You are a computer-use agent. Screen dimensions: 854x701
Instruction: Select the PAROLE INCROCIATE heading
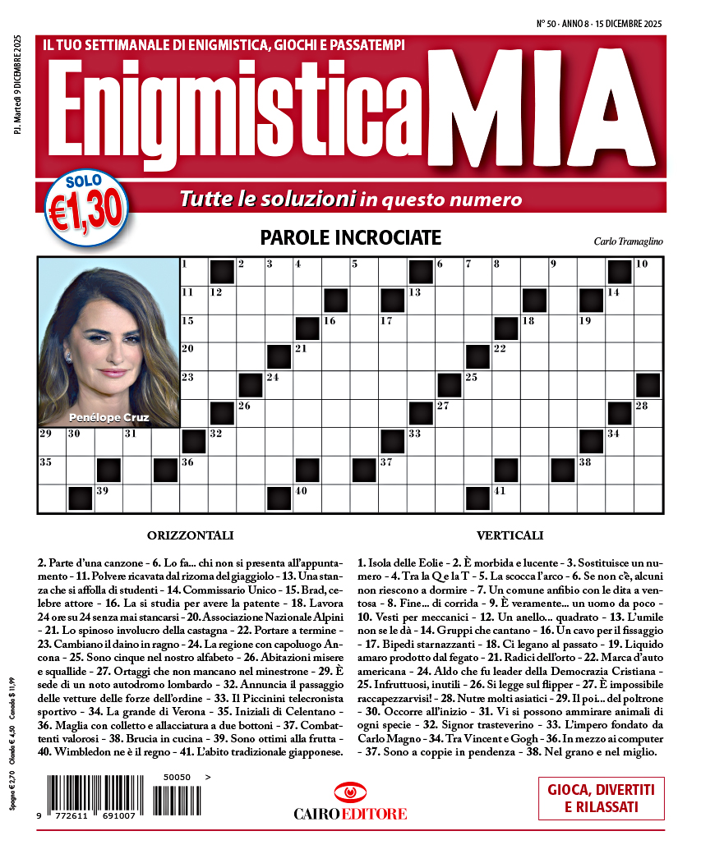pos(350,238)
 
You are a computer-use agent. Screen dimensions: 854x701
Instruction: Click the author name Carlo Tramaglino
pos(627,241)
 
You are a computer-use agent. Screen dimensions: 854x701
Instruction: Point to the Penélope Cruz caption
pos(109,417)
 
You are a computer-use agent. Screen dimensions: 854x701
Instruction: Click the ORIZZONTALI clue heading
pos(191,536)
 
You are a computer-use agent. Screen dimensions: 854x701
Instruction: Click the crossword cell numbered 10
pos(648,271)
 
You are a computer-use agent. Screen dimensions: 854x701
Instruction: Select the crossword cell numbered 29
pos(51,442)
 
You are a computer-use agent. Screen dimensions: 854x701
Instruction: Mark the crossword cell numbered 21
pos(307,356)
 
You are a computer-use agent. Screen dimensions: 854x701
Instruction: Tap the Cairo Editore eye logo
pos(350,793)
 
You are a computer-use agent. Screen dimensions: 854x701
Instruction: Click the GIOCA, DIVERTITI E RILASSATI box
pos(601,798)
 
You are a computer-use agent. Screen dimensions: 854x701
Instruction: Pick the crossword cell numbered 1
pos(193,271)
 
